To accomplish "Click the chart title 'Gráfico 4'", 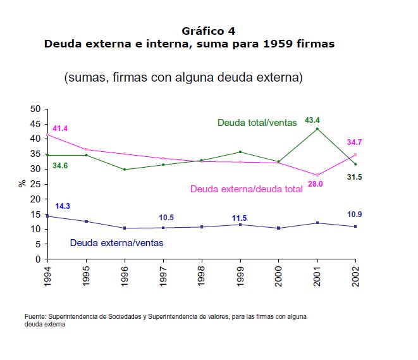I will pos(209,31).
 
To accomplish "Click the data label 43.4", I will pos(312,120).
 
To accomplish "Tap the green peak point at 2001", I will pos(317,129).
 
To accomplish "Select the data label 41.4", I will pos(60,128).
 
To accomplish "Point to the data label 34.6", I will pos(60,166).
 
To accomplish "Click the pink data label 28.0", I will pos(316,183).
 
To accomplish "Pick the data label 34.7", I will pos(355,142).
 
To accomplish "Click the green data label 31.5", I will pos(355,177).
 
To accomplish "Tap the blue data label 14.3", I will pos(63,206).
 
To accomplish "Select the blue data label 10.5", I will pos(166,218).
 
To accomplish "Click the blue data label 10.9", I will pos(355,214).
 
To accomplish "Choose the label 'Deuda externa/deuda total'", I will pos(246,189).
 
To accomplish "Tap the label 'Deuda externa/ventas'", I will pos(116,242).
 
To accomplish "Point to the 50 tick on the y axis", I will pos(36,109).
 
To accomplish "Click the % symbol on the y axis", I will pos(22,184).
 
